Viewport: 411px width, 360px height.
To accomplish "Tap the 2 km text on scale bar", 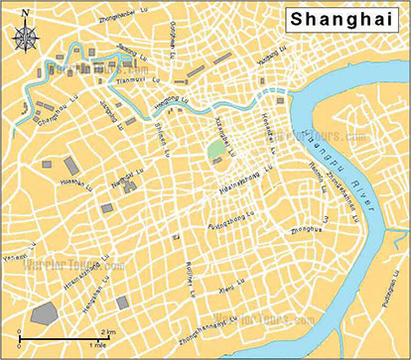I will (x=109, y=330).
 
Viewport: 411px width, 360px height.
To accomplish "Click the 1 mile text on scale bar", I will (x=97, y=344).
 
